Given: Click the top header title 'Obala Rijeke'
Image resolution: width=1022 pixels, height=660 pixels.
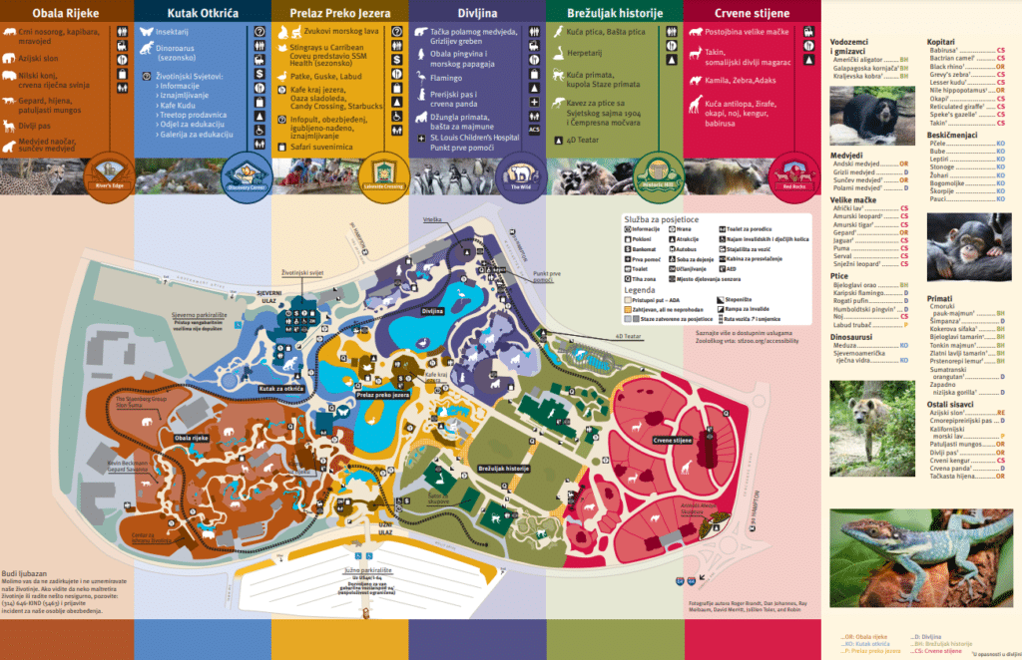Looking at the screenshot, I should point(66,12).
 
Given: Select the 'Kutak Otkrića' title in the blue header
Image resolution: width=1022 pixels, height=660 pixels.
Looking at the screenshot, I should point(204,12).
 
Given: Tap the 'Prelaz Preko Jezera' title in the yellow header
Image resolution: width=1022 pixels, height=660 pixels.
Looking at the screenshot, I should point(340,12).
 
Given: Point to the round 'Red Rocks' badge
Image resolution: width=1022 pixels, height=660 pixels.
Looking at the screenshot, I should point(793,170).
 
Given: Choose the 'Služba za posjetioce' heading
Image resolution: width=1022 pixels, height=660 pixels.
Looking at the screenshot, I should point(661,218).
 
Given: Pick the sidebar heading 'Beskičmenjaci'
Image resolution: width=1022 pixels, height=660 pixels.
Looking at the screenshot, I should point(952,134).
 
